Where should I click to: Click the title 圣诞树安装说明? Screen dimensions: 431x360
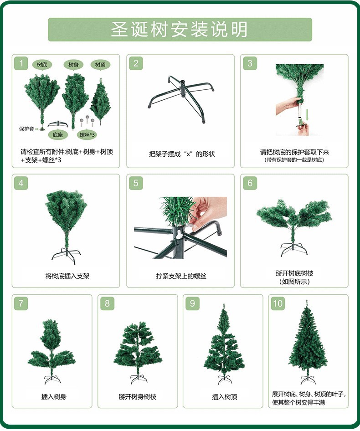[x=180, y=30]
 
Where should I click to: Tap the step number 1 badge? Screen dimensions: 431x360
[x=21, y=63]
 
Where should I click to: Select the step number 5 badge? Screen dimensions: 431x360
[x=136, y=183]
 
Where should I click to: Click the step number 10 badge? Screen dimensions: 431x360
[x=278, y=303]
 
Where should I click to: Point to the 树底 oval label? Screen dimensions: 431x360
[x=42, y=65]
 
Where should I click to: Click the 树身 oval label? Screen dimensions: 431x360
[x=73, y=65]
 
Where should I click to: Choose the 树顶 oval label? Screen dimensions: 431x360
[x=100, y=65]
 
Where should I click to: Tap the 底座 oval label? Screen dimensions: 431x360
[x=57, y=134]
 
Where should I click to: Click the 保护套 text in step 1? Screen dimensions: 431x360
[x=26, y=129]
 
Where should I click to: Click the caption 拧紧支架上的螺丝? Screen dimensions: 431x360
[x=181, y=276]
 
